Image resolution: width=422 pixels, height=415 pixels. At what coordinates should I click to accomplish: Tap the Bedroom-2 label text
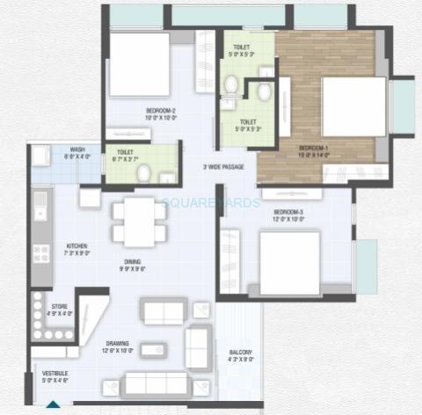tap(162, 112)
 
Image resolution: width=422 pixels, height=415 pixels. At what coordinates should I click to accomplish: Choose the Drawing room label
tap(118, 344)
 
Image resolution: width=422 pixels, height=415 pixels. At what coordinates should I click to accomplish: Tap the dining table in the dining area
tap(139, 221)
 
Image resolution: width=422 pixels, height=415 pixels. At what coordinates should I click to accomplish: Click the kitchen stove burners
tap(41, 252)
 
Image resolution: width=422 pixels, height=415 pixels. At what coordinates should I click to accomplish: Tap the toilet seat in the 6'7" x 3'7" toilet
tap(143, 173)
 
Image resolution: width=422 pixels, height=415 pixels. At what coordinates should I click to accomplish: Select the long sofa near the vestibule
tap(156, 382)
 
